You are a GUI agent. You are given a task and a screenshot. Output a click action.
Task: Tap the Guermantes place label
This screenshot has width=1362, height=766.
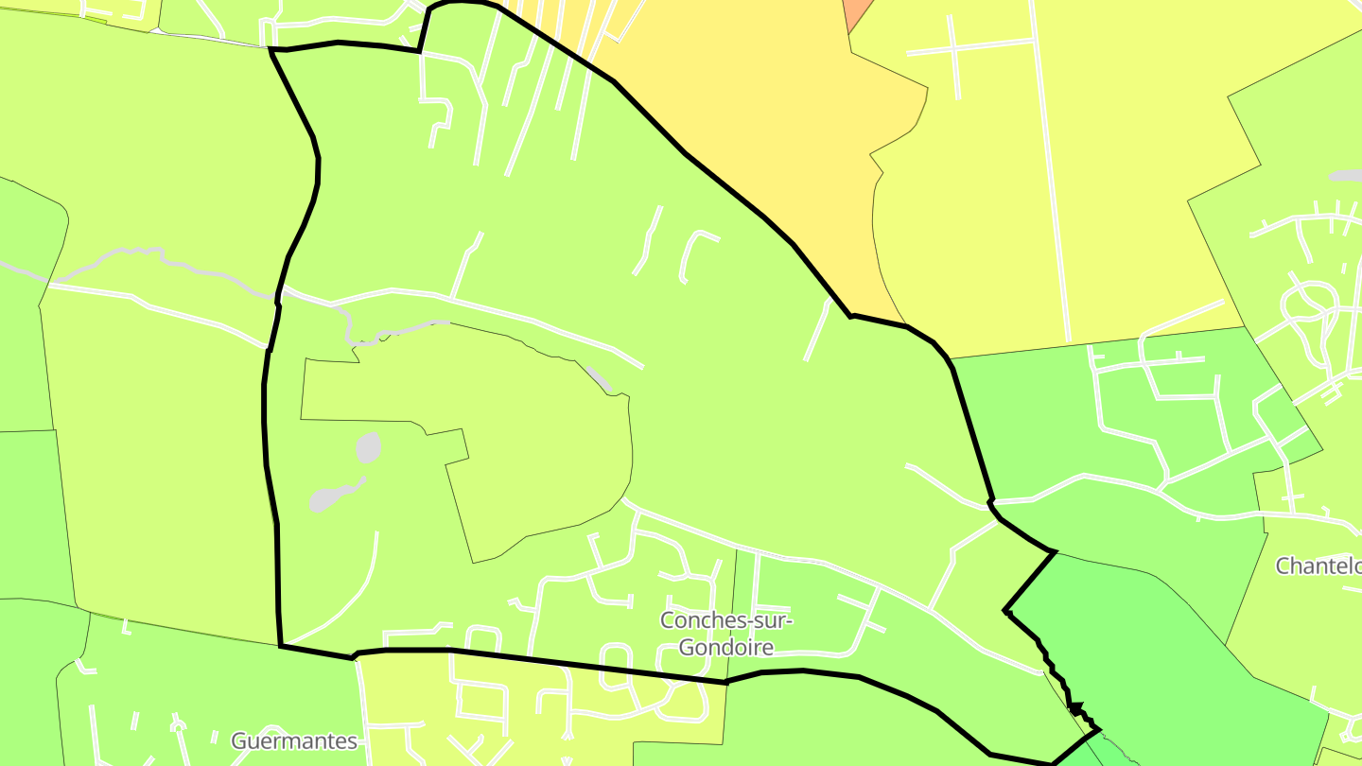point(294,740)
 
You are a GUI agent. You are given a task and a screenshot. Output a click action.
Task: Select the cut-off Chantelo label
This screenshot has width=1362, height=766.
point(1318,566)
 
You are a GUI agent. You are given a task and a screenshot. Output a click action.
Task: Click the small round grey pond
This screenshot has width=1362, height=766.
point(369,447)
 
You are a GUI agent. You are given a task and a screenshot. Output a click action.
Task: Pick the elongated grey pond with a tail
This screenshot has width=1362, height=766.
point(331,496)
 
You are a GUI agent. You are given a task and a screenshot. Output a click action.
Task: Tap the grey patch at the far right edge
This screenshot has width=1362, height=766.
point(1346,176)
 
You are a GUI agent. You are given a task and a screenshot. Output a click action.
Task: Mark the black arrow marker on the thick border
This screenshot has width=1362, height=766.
point(1074,705)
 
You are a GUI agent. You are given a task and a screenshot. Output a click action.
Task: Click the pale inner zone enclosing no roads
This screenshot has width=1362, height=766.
point(530,444)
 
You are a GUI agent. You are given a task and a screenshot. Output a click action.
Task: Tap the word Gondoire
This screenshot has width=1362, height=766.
point(725,648)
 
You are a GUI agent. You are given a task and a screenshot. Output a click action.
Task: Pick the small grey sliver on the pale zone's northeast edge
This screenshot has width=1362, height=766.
point(599,378)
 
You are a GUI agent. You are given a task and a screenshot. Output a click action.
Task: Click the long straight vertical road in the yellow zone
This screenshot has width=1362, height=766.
point(1050,170)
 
